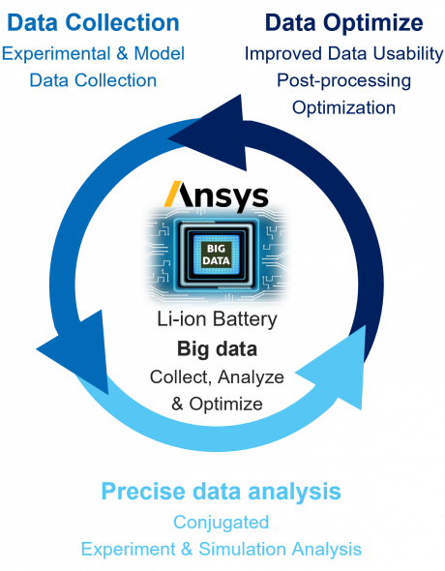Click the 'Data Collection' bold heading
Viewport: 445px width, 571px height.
[93, 22]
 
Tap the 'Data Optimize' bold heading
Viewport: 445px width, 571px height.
[344, 23]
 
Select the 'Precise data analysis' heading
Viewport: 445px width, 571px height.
[222, 493]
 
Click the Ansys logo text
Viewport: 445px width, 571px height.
[217, 196]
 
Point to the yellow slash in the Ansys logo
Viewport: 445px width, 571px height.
[173, 194]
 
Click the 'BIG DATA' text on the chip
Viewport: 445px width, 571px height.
[216, 255]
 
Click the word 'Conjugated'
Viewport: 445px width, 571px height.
[222, 523]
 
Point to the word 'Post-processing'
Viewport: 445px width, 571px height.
[343, 81]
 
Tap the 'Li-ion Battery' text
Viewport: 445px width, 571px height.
[217, 319]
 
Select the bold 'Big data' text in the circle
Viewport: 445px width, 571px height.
[218, 349]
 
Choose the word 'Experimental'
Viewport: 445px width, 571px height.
[56, 54]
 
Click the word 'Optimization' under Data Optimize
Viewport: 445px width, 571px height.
[343, 108]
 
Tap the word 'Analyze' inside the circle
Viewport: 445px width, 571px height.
[252, 377]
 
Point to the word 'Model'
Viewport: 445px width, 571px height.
[160, 54]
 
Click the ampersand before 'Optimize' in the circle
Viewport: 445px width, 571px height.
[177, 405]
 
